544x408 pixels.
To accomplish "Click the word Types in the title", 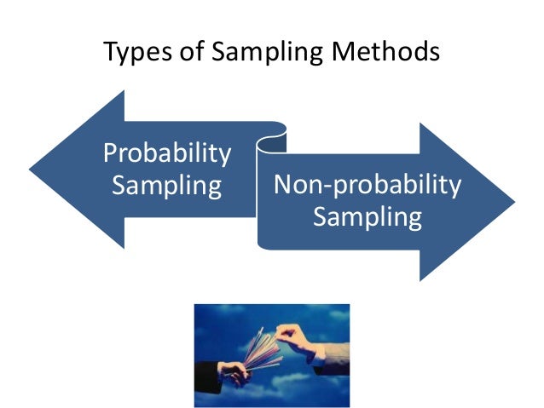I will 134,53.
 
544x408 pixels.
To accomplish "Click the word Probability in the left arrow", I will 167,153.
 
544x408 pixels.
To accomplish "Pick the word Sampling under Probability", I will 167,184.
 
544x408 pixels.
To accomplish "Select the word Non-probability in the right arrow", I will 367,185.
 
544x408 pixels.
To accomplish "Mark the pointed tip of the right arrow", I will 513,202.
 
